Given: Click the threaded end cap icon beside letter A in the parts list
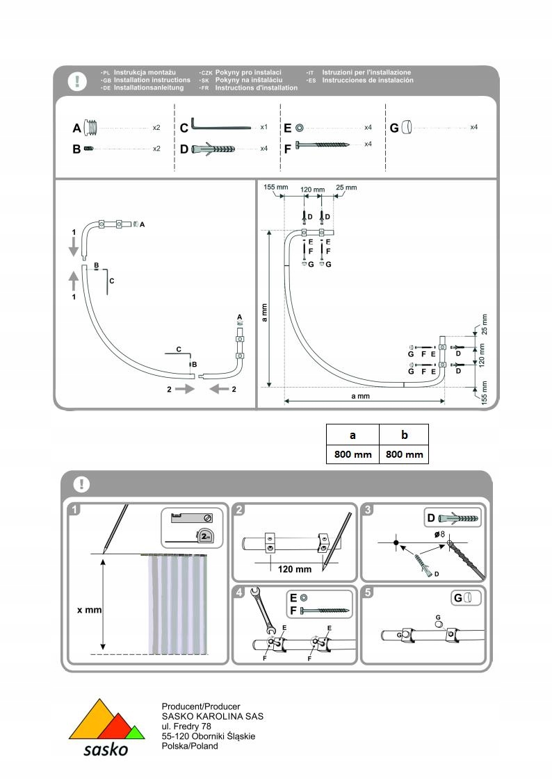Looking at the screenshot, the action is pyautogui.click(x=92, y=128).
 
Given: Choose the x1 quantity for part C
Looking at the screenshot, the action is pyautogui.click(x=263, y=128).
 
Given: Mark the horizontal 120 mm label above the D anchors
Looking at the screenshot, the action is pyautogui.click(x=312, y=189).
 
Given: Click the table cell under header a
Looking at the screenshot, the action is pyautogui.click(x=352, y=454).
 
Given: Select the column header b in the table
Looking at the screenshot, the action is pyautogui.click(x=404, y=435).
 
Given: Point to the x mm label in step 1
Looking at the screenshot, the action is pyautogui.click(x=89, y=610).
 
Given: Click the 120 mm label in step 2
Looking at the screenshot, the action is pyautogui.click(x=294, y=569).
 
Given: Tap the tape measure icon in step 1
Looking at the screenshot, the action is pyautogui.click(x=206, y=536).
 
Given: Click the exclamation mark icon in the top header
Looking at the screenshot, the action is pyautogui.click(x=77, y=81).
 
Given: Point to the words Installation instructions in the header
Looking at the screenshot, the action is pyautogui.click(x=152, y=80).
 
